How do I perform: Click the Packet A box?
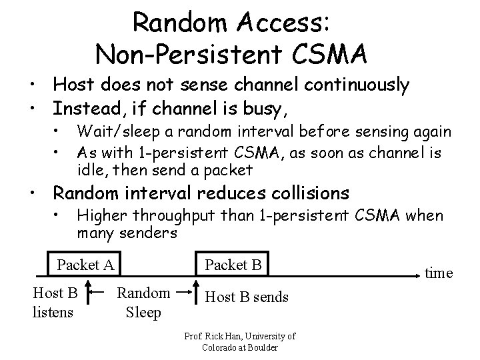tap(86, 265)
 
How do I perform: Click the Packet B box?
tap(233, 265)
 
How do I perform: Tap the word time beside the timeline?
tap(439, 272)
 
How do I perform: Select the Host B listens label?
tap(55, 301)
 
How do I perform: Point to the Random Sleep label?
tap(143, 301)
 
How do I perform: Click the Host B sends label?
tap(247, 297)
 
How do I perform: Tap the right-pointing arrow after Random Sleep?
tap(185, 291)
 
